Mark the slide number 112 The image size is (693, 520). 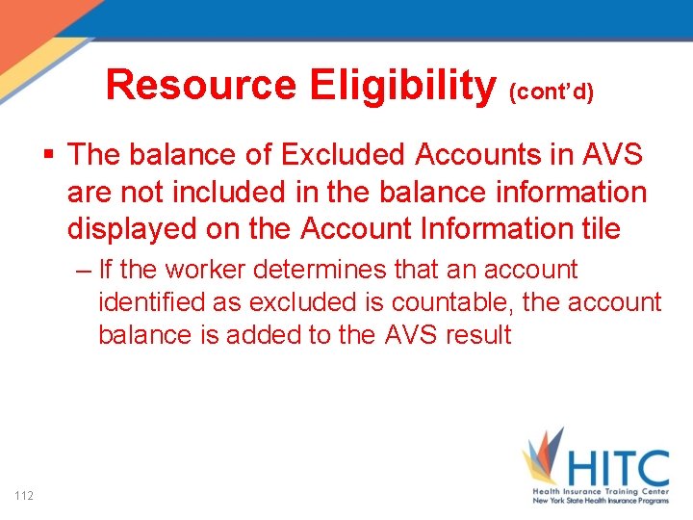(x=25, y=495)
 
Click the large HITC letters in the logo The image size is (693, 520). (x=616, y=469)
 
